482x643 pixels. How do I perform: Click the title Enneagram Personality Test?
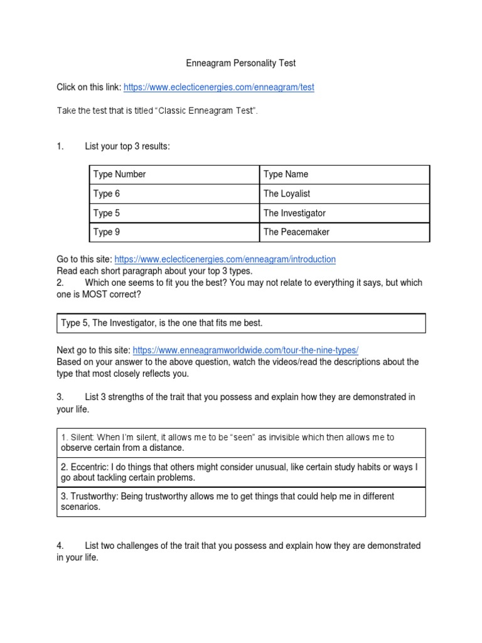point(241,63)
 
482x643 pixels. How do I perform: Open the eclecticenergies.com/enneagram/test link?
point(218,87)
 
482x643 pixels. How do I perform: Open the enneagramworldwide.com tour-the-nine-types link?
point(245,350)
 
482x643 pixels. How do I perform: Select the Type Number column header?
point(119,175)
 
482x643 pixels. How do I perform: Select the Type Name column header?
point(286,175)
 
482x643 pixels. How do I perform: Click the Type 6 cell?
point(106,194)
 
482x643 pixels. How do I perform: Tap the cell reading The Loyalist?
point(287,194)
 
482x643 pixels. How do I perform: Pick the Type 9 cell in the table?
point(106,232)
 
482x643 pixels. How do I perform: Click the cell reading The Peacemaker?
point(296,232)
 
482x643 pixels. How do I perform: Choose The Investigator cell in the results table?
point(294,213)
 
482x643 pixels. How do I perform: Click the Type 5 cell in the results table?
point(106,213)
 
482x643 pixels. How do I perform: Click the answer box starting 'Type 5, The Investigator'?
point(241,323)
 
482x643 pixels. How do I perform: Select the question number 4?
point(60,546)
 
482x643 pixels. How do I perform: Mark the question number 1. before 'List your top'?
point(60,146)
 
